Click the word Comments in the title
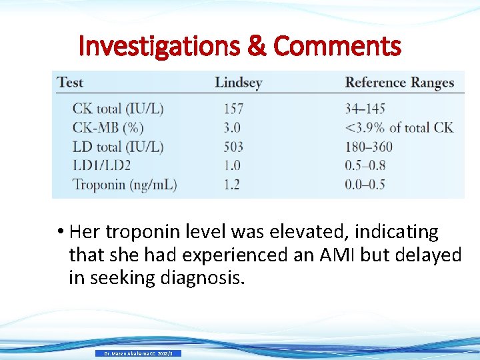pyautogui.click(x=337, y=47)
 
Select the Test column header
pyautogui.click(x=70, y=83)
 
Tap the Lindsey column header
pyautogui.click(x=238, y=83)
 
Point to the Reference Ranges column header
pyautogui.click(x=399, y=83)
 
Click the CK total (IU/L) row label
pyautogui.click(x=118, y=109)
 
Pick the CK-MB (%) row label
pyautogui.click(x=108, y=127)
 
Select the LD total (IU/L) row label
pyautogui.click(x=118, y=147)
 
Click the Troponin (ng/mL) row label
pyautogui.click(x=125, y=185)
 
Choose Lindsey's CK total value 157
pyautogui.click(x=233, y=109)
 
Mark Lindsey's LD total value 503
pyautogui.click(x=233, y=147)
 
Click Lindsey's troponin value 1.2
pyautogui.click(x=231, y=185)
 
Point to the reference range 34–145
pyautogui.click(x=365, y=109)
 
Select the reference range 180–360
pyautogui.click(x=369, y=147)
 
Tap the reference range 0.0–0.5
pyautogui.click(x=365, y=185)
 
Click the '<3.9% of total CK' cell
pyautogui.click(x=399, y=127)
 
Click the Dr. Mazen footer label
pyautogui.click(x=138, y=353)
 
